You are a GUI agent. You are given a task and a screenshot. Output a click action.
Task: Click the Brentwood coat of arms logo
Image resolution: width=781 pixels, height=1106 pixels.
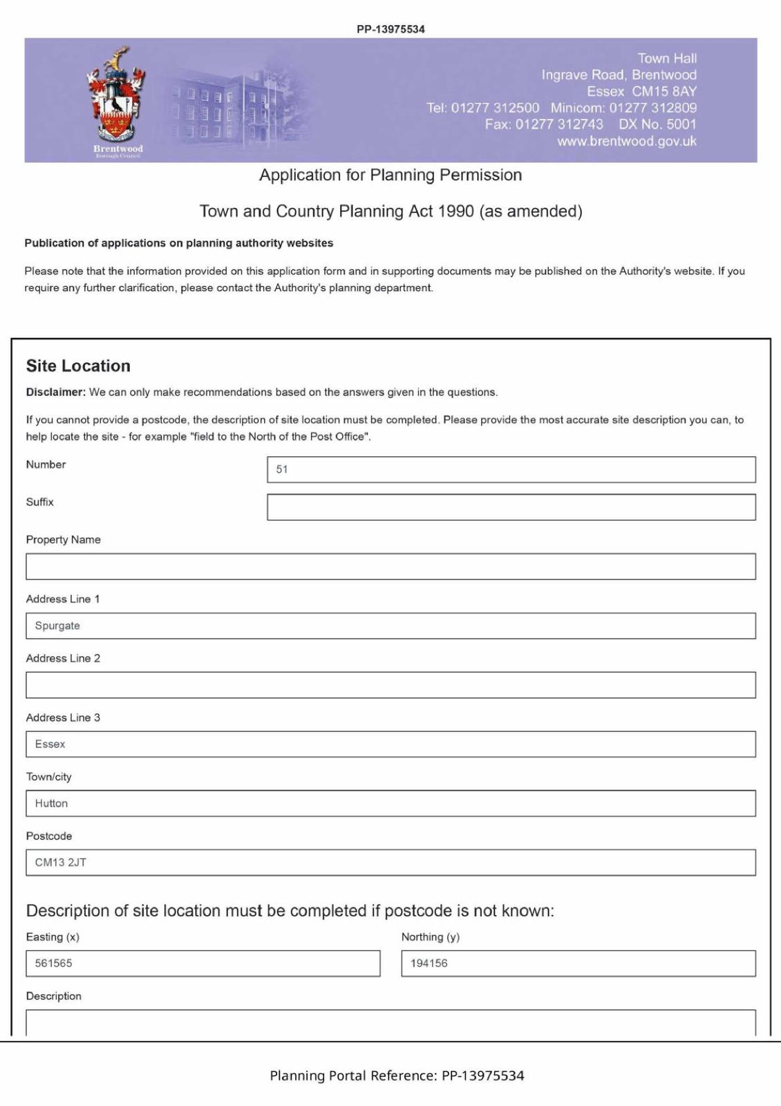116,97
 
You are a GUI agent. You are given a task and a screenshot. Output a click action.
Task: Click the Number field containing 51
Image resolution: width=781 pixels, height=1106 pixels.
511,469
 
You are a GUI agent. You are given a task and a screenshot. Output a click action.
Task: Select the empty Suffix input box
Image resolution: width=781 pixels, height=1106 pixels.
511,507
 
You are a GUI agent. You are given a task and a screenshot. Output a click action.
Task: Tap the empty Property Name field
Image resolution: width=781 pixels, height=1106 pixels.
391,566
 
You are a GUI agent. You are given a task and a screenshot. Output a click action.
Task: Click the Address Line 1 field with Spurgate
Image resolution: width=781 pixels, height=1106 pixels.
391,626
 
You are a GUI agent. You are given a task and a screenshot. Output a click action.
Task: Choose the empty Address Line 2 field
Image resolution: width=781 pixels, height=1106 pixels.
391,685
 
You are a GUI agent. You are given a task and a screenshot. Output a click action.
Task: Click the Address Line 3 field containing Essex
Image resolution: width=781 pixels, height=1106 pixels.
391,744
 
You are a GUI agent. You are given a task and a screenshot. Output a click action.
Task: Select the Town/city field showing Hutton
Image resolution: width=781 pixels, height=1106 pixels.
391,803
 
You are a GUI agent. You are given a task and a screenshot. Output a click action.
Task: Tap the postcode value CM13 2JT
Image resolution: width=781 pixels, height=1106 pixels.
61,863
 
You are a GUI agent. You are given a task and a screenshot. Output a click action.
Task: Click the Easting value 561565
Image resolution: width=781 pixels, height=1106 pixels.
54,963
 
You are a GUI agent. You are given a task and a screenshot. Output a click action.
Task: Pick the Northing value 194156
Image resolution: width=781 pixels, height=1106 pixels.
429,963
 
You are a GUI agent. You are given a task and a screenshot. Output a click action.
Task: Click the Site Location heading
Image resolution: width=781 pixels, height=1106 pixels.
78,366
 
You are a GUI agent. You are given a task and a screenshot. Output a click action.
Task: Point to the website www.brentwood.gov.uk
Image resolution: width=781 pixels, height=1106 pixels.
627,141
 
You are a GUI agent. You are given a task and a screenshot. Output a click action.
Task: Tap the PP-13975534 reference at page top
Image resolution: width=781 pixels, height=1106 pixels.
391,29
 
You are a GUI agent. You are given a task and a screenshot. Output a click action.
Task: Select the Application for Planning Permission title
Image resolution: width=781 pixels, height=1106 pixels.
391,175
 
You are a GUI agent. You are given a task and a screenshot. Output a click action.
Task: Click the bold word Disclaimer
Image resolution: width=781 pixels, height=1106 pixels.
55,392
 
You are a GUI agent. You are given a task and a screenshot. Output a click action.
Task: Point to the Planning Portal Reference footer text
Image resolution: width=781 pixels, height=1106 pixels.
397,1076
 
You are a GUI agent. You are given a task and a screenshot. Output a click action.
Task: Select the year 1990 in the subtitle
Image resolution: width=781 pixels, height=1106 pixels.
455,212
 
